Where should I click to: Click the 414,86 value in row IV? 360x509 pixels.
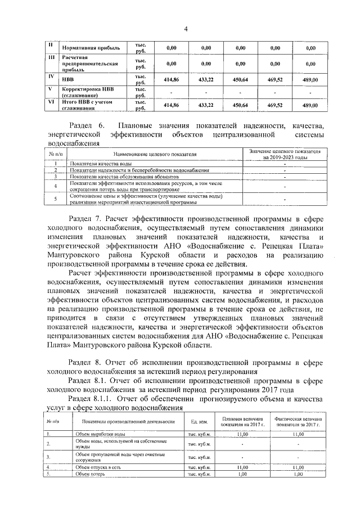click(x=170, y=80)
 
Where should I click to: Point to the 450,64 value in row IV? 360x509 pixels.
click(x=240, y=80)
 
